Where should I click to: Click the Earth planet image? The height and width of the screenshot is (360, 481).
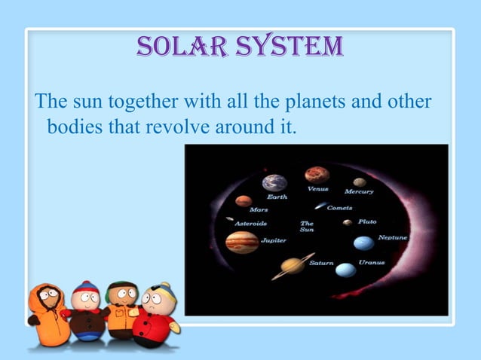274,182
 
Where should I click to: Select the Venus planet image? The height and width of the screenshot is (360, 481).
317,175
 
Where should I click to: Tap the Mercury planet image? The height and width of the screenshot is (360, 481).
360,182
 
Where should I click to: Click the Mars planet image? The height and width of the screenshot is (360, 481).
243,201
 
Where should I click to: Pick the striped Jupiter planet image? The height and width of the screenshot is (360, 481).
242,242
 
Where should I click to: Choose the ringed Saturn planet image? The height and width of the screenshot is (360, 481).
293,265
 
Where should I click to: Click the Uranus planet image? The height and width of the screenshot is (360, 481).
345,270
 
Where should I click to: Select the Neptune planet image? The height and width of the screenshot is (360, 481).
363,243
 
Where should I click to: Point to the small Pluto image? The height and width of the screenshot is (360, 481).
347,222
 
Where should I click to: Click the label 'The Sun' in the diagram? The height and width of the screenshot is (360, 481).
307,226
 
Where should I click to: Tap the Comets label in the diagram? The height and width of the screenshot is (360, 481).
339,208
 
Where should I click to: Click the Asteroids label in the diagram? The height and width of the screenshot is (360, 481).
250,224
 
